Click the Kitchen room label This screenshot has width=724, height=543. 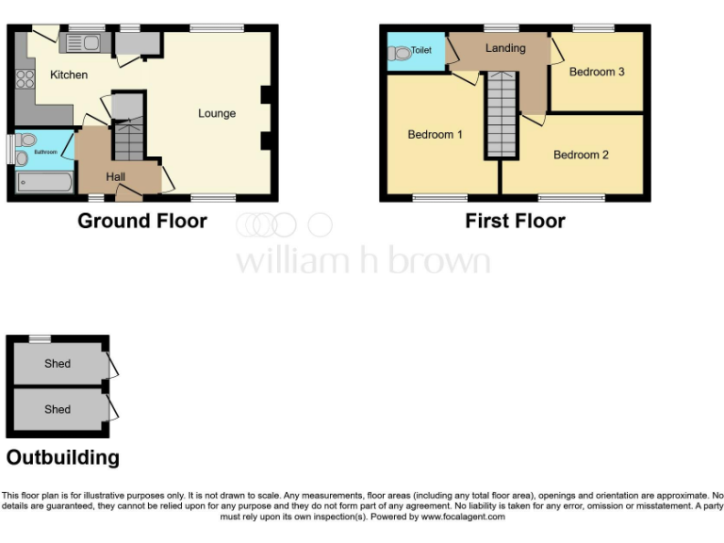[x=69, y=74]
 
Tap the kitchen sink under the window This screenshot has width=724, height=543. [x=80, y=42]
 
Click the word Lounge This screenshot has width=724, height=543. [x=217, y=113]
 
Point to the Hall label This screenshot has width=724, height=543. [x=115, y=176]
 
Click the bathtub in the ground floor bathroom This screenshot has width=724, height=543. [x=44, y=181]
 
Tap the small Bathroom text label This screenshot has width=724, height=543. [x=46, y=151]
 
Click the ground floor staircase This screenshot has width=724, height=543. [x=126, y=140]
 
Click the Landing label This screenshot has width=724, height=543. [x=504, y=47]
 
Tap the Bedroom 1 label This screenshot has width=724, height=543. [x=435, y=135]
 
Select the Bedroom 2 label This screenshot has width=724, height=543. [x=581, y=155]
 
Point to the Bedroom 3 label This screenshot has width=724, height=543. [x=597, y=72]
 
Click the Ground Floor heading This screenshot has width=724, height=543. [x=142, y=221]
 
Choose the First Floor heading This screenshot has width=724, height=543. [x=515, y=221]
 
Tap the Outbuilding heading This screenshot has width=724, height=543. [x=63, y=457]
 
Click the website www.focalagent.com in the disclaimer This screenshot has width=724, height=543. [x=463, y=517]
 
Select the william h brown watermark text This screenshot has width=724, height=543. [x=362, y=260]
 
